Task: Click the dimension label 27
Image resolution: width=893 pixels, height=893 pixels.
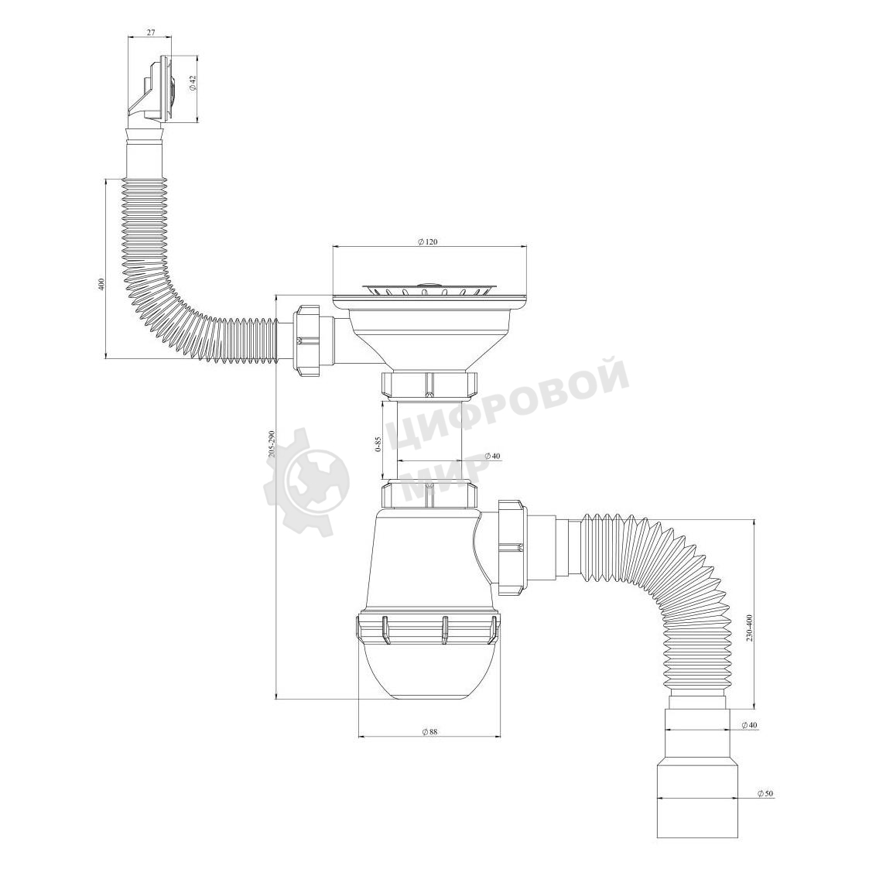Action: click(x=151, y=33)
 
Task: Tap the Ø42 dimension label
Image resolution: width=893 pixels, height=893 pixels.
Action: click(x=193, y=84)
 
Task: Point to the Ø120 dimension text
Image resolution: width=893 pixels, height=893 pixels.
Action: click(x=427, y=242)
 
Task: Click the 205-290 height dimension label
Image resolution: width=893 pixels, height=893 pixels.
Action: click(x=273, y=443)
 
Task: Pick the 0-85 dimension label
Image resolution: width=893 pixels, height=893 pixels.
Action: click(x=378, y=443)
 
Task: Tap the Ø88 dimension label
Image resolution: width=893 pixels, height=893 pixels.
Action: click(x=429, y=732)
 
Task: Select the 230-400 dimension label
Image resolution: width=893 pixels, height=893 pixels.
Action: click(x=750, y=628)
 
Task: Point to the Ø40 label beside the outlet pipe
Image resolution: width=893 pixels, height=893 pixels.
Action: click(x=750, y=725)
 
